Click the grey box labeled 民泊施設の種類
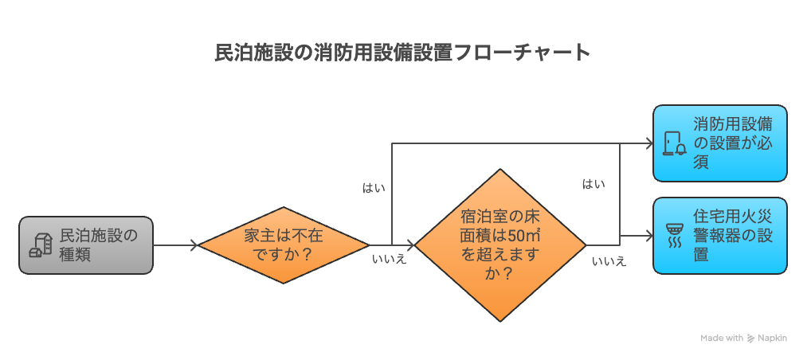coord(85,245)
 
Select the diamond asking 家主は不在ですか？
coord(284,245)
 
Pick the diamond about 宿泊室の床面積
coord(500,245)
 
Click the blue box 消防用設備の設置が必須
coord(720,143)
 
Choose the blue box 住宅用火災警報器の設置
coord(720,236)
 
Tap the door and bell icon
coord(674,143)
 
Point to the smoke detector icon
coord(674,236)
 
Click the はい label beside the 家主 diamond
coord(374,187)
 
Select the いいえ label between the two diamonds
coord(390,260)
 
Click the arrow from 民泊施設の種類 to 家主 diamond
coord(174,245)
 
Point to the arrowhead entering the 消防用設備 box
coord(647,143)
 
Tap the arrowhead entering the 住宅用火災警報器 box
coord(647,236)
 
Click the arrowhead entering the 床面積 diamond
coord(410,245)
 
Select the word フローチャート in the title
coord(521,53)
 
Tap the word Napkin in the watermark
coord(772,338)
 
